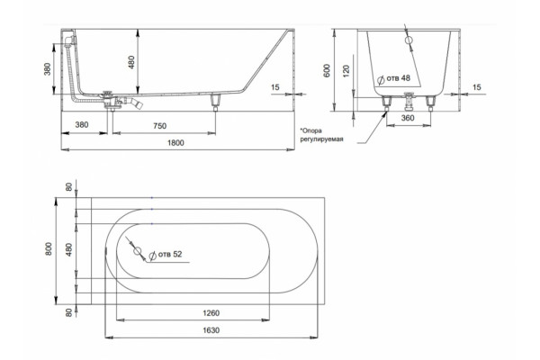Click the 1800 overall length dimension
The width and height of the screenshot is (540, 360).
175,142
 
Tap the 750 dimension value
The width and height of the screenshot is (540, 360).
160,126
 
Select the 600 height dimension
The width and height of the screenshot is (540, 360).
328,70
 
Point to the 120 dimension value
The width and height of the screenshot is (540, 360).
346,70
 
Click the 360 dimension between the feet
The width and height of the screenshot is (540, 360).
408,118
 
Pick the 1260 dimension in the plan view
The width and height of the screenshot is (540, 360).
211,313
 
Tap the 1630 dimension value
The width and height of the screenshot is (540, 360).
211,330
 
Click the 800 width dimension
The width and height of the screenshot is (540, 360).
49,248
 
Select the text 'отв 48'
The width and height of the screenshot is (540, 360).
399,78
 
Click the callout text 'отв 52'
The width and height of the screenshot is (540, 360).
170,254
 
